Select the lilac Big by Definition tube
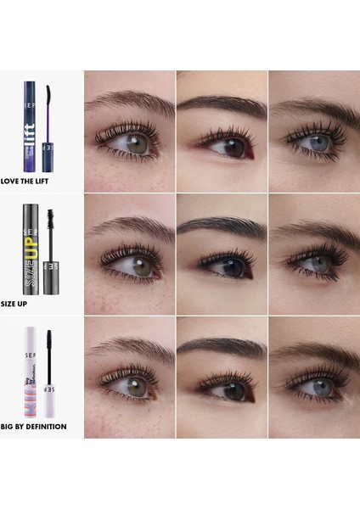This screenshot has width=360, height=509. pyautogui.click(x=31, y=373)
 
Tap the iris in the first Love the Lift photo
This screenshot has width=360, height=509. pyautogui.click(x=139, y=143)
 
